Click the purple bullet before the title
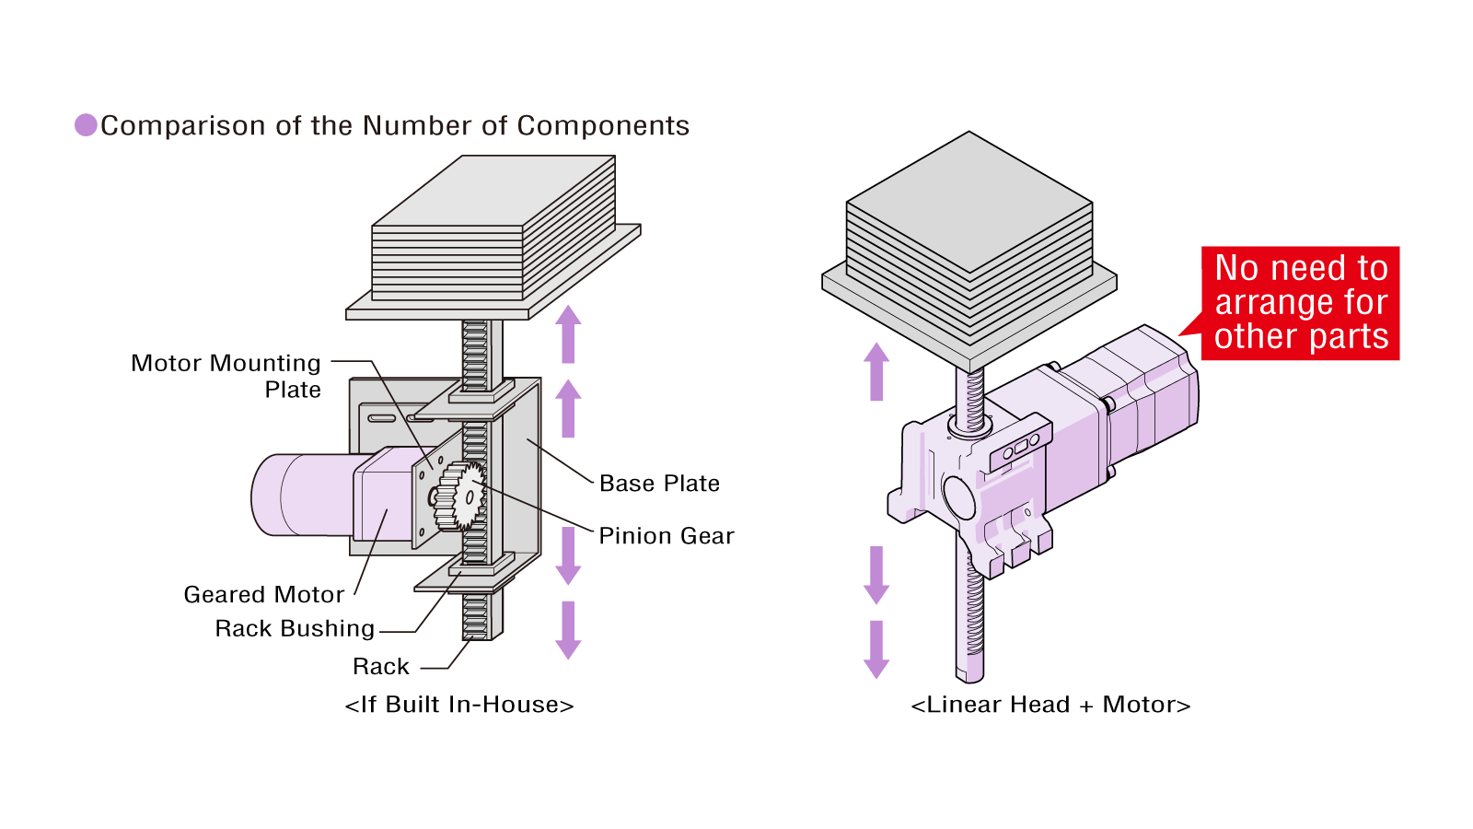[86, 125]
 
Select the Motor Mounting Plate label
[226, 376]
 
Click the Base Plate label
[659, 484]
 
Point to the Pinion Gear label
[666, 536]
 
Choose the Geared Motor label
[264, 594]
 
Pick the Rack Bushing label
[295, 628]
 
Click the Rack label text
[380, 666]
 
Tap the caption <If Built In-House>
[459, 705]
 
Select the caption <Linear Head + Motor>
[1050, 705]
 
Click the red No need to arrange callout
[1300, 303]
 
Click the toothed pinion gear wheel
[459, 497]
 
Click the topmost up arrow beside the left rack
[568, 333]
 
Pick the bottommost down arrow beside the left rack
[568, 630]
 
